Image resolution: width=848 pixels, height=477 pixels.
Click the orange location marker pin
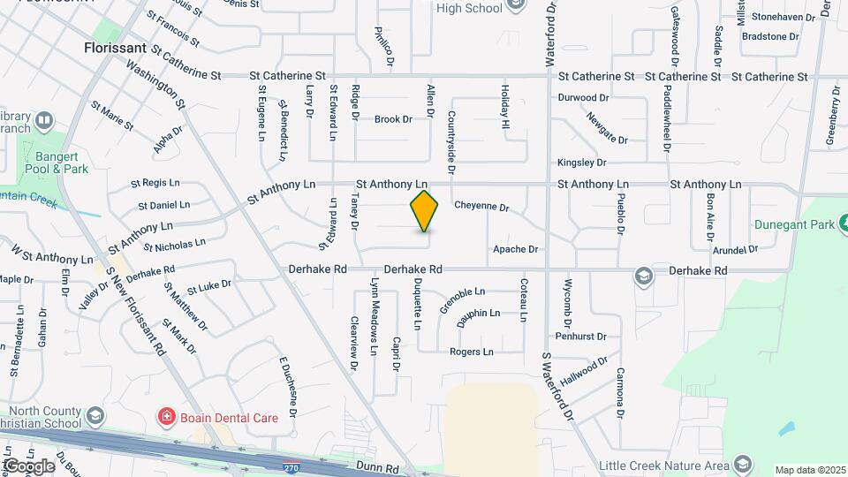click(425, 211)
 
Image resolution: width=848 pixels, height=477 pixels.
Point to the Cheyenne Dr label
click(481, 208)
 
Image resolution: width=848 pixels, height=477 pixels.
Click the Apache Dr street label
click(515, 249)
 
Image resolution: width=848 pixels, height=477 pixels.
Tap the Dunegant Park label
click(793, 225)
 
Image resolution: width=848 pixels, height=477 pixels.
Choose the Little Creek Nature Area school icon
click(743, 466)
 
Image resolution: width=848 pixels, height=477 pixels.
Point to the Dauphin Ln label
click(478, 314)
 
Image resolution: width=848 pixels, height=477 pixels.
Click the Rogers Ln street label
click(472, 352)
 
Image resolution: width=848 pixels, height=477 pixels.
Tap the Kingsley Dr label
click(581, 163)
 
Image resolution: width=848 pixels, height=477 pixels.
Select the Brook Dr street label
click(393, 119)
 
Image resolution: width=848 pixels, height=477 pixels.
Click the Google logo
click(29, 466)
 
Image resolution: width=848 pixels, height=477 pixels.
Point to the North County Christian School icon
click(96, 415)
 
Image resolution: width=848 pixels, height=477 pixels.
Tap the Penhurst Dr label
click(580, 337)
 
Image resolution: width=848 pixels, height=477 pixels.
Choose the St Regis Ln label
click(155, 183)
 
